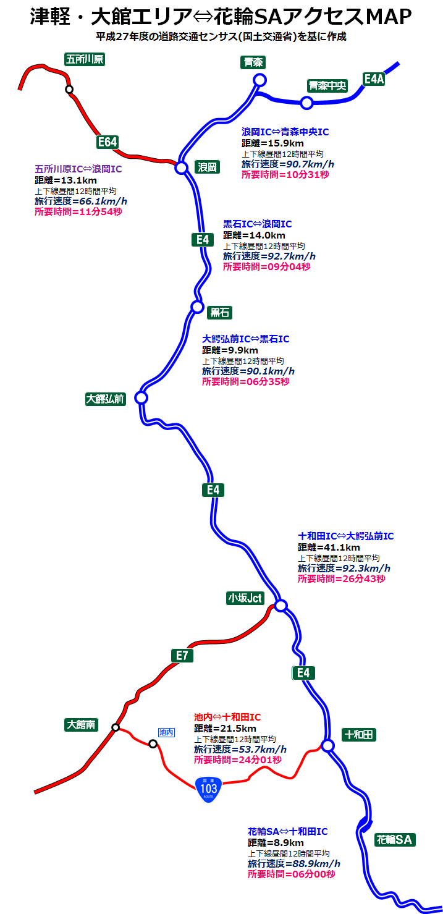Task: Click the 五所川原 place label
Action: (x=85, y=59)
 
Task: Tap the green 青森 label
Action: (x=253, y=62)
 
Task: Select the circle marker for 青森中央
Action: (x=306, y=103)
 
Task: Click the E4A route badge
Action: (x=374, y=78)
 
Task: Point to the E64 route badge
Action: (x=107, y=142)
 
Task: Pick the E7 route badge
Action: (x=182, y=656)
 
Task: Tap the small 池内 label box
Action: (x=166, y=732)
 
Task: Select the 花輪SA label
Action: (x=395, y=840)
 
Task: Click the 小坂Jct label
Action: (x=245, y=598)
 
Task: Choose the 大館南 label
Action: (x=82, y=725)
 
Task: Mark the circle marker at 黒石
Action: (x=197, y=306)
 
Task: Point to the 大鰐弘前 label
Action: (x=105, y=399)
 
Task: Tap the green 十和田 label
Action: (x=359, y=735)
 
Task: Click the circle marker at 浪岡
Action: (x=181, y=167)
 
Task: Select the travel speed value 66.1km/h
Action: (x=99, y=201)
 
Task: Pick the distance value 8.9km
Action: (x=288, y=842)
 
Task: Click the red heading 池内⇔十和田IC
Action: (x=227, y=717)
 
